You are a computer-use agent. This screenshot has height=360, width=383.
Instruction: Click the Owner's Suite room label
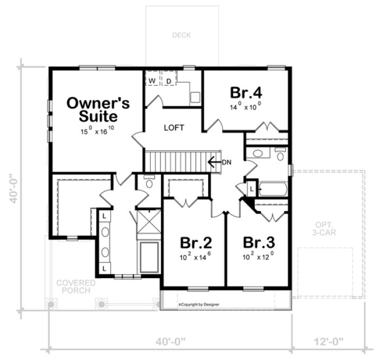point(98,108)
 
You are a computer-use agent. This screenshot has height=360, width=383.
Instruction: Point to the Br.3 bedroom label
point(258,242)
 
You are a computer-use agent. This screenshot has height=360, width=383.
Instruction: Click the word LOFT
point(174,128)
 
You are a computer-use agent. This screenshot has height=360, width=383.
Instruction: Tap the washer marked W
point(152,81)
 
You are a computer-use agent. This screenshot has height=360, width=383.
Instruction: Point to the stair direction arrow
point(213,161)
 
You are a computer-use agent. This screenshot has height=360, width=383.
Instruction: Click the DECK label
point(182,36)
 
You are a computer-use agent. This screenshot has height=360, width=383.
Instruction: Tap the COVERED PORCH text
point(76,287)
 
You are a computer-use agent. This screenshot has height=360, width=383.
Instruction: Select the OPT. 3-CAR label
point(328,229)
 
